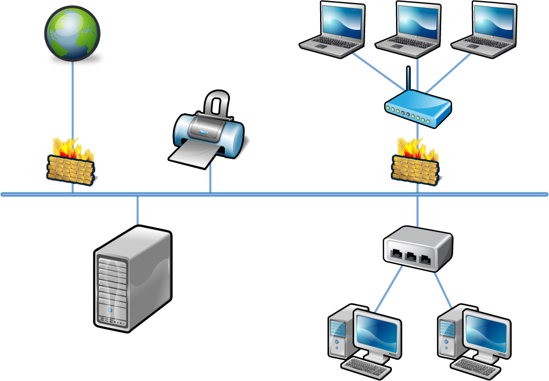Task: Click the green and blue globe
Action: tap(72, 32)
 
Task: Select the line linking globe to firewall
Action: tap(72, 100)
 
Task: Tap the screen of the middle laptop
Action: tap(418, 20)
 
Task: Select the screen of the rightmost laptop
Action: tap(494, 20)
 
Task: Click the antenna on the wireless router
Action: tap(408, 79)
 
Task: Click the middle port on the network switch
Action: tap(412, 257)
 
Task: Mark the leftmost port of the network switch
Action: tap(398, 255)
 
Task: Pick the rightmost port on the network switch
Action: tap(426, 259)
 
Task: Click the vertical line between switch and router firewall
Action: tap(417, 210)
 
